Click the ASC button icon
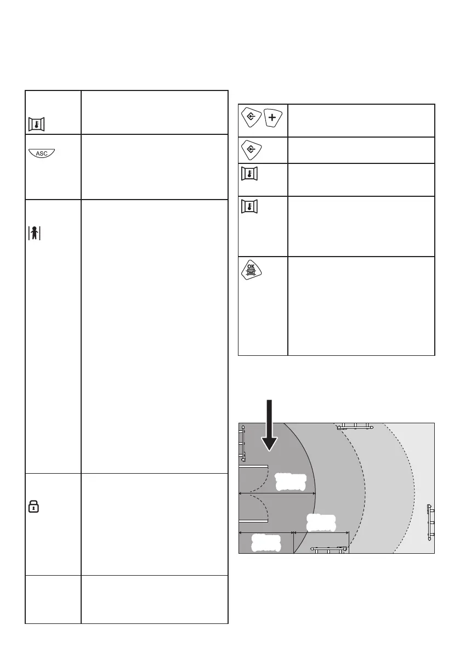pyautogui.click(x=41, y=154)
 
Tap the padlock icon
pyautogui.click(x=34, y=507)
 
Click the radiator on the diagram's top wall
pyautogui.click(x=355, y=425)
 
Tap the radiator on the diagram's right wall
pyautogui.click(x=431, y=521)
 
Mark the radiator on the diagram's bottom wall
pyautogui.click(x=330, y=548)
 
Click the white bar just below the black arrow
pyautogui.click(x=254, y=467)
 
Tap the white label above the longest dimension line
pyautogui.click(x=289, y=481)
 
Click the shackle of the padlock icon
pyautogui.click(x=34, y=503)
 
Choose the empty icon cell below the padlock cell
pyautogui.click(x=53, y=599)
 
